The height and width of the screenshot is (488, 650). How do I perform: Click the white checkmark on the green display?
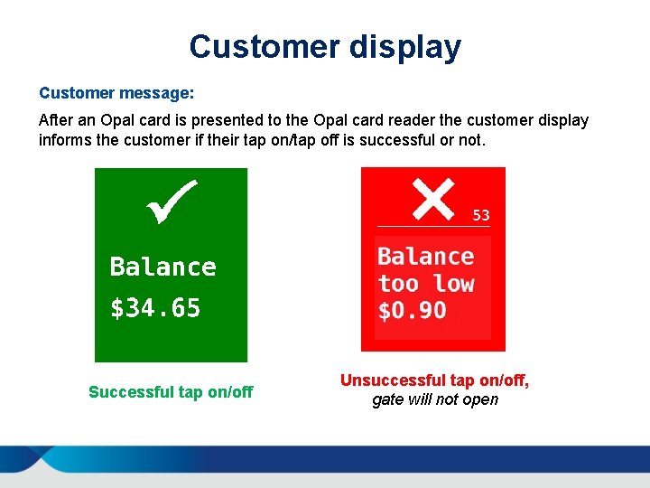pyautogui.click(x=172, y=201)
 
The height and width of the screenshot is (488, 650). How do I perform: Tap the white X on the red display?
pyautogui.click(x=432, y=199)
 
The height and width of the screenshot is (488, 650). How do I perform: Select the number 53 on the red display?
pyautogui.click(x=481, y=215)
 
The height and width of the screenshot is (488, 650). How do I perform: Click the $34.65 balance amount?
pyautogui.click(x=155, y=309)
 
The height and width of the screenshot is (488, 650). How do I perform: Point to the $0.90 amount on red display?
pyautogui.click(x=412, y=311)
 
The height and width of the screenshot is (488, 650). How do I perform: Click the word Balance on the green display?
pyautogui.click(x=162, y=267)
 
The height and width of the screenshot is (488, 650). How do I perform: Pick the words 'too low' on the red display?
pyautogui.click(x=426, y=284)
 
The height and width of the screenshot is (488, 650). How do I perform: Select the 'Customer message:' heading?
pyautogui.click(x=116, y=93)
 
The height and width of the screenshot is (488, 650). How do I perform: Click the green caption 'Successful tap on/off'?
pyautogui.click(x=171, y=392)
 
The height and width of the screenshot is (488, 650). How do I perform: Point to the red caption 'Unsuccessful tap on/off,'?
pyautogui.click(x=434, y=381)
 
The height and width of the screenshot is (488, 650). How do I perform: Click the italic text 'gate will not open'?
pyautogui.click(x=435, y=399)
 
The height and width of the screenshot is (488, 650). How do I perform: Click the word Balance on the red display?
pyautogui.click(x=425, y=257)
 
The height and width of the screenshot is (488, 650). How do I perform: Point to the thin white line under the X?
pyautogui.click(x=433, y=226)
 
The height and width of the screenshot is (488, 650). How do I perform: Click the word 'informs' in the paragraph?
pyautogui.click(x=64, y=140)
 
